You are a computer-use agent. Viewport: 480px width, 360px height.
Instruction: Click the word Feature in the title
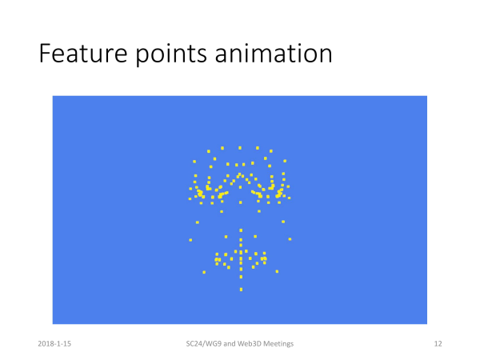point(83,54)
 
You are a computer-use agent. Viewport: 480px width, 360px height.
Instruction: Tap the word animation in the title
point(274,54)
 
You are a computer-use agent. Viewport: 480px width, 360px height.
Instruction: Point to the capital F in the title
point(45,54)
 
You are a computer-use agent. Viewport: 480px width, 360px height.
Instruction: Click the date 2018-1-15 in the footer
point(54,344)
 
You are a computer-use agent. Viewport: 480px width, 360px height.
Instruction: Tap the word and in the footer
point(230,344)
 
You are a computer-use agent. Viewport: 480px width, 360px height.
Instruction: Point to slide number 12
point(438,344)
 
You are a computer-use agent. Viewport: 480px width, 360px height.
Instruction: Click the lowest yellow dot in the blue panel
point(242,290)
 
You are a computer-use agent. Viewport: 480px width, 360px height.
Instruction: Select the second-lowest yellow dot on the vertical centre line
point(242,277)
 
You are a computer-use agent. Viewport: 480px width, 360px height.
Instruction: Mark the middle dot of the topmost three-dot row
point(240,148)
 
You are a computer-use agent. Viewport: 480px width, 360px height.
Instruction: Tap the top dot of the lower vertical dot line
point(241,230)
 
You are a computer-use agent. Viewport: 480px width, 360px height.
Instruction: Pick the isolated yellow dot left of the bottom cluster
point(204,272)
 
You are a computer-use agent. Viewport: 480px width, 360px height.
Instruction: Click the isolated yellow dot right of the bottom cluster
point(277,271)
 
